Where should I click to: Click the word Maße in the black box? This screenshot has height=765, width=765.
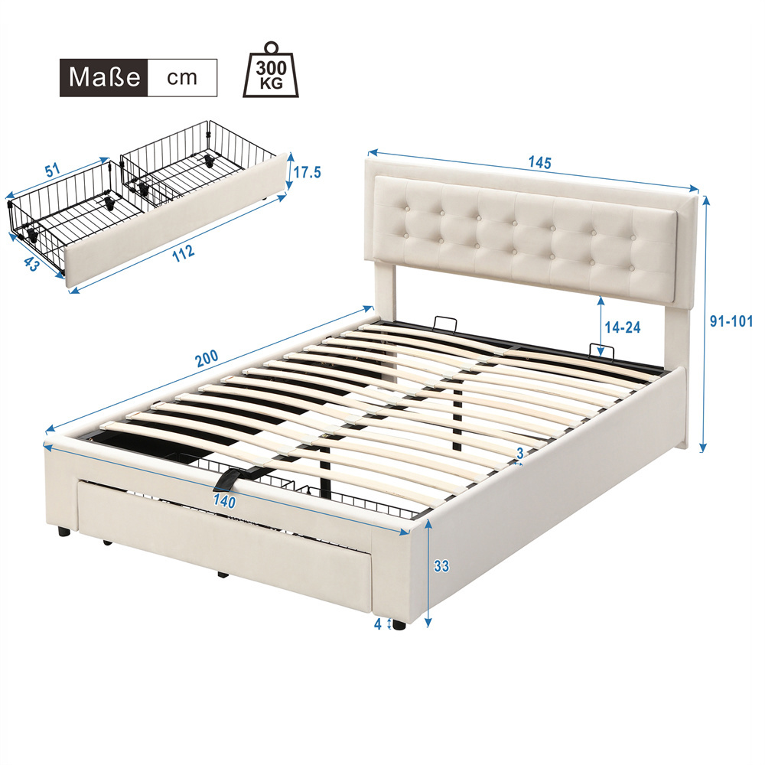pos(104,77)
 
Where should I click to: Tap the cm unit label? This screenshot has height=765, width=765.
pos(182,78)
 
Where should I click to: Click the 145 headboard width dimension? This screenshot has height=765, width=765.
pos(539,162)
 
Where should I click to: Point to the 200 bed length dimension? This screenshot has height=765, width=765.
pos(207,359)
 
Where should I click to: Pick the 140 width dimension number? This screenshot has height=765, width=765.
pos(224,501)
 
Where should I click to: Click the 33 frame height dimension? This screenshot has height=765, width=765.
pos(441,566)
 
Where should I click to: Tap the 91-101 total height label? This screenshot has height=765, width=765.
pos(731,322)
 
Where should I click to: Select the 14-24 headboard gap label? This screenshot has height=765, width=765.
pos(623,327)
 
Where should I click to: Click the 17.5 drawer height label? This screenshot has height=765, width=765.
pos(307,172)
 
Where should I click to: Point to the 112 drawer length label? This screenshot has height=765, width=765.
pos(184,252)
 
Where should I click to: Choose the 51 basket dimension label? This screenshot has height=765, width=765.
pos(53,170)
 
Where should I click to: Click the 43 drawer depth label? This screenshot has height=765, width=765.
pos(31,264)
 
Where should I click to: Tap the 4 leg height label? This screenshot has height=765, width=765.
pos(378,624)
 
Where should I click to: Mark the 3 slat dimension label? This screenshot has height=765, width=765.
pos(520,453)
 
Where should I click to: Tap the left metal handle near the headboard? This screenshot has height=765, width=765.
pos(444,323)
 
